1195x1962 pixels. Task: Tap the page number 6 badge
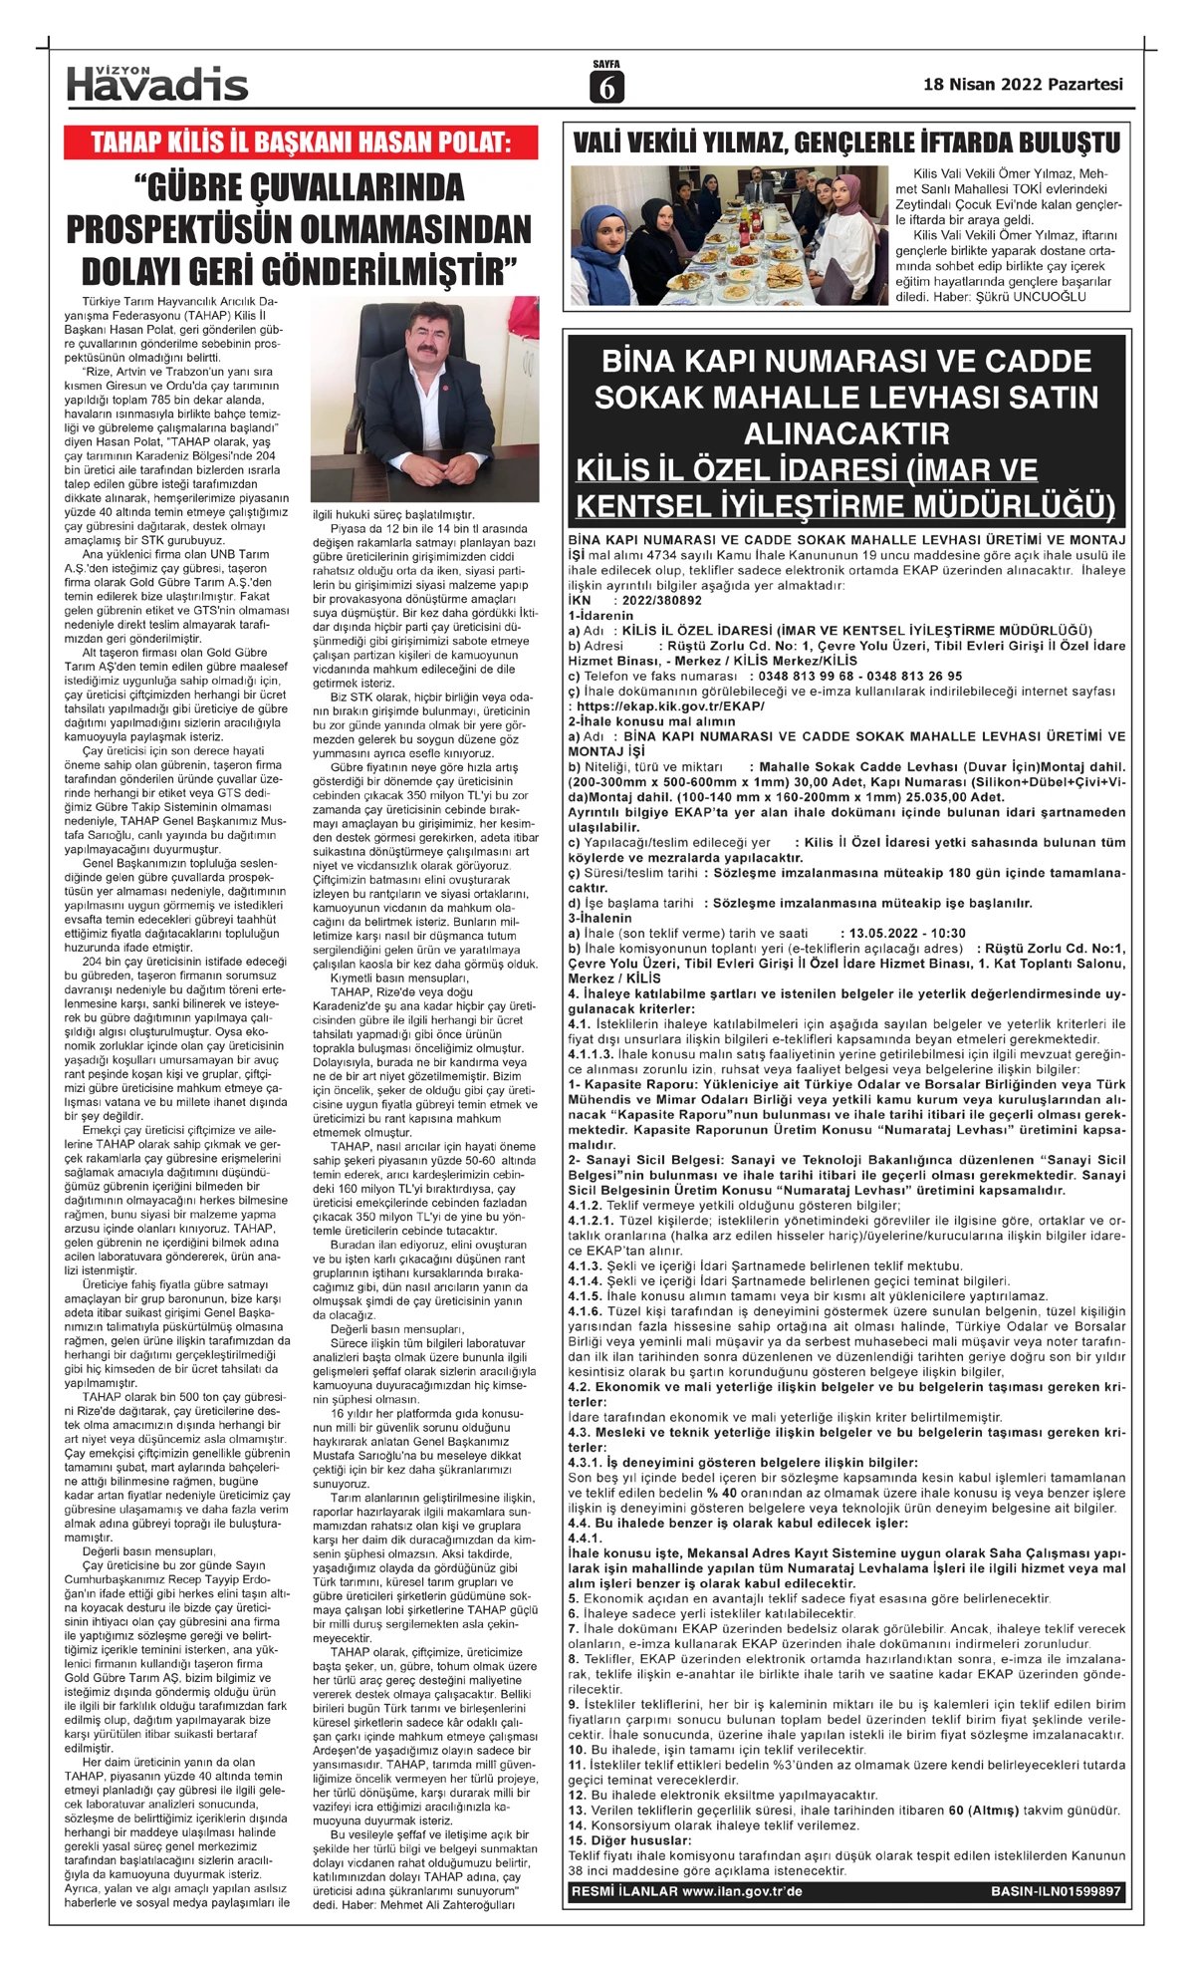(606, 89)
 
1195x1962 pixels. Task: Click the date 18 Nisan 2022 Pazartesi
(1023, 85)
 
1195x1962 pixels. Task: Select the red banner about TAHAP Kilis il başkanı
(301, 142)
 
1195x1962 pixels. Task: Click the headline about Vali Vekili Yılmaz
(846, 142)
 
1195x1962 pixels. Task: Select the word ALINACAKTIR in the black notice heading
(845, 433)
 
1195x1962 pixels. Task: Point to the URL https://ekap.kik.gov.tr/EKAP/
(670, 705)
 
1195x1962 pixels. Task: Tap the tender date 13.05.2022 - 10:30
(893, 933)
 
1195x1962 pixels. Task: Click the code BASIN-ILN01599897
(1056, 1891)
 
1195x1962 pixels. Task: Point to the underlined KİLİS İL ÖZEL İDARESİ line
(807, 469)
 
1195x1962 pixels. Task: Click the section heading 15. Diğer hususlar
(629, 1839)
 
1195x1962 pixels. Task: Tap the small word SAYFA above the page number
(605, 65)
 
